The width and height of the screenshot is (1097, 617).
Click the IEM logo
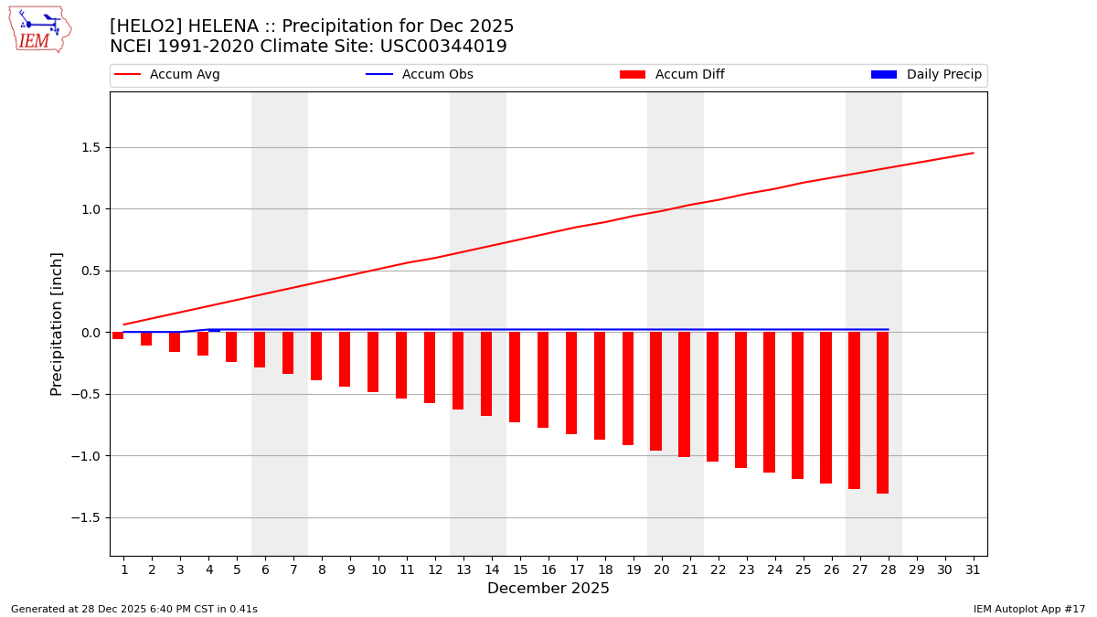tap(40, 28)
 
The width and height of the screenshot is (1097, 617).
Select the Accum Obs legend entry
tap(420, 75)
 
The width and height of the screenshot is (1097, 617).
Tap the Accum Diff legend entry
tap(672, 75)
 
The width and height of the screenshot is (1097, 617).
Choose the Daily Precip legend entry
tap(926, 75)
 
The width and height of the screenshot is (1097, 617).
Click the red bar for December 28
tap(882, 412)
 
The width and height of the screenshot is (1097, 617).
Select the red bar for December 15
tap(515, 377)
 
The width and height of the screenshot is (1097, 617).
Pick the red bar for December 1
tap(118, 335)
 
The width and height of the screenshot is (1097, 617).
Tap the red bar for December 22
tap(712, 397)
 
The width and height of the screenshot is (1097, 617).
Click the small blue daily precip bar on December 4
tap(214, 330)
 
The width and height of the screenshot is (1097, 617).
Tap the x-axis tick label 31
tap(973, 569)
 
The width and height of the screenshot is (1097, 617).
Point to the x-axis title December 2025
tap(548, 589)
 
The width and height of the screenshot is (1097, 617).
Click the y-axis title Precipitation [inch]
tap(57, 324)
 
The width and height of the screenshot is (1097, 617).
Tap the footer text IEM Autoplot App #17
tap(1029, 609)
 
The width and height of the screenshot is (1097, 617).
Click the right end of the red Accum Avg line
tap(973, 154)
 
